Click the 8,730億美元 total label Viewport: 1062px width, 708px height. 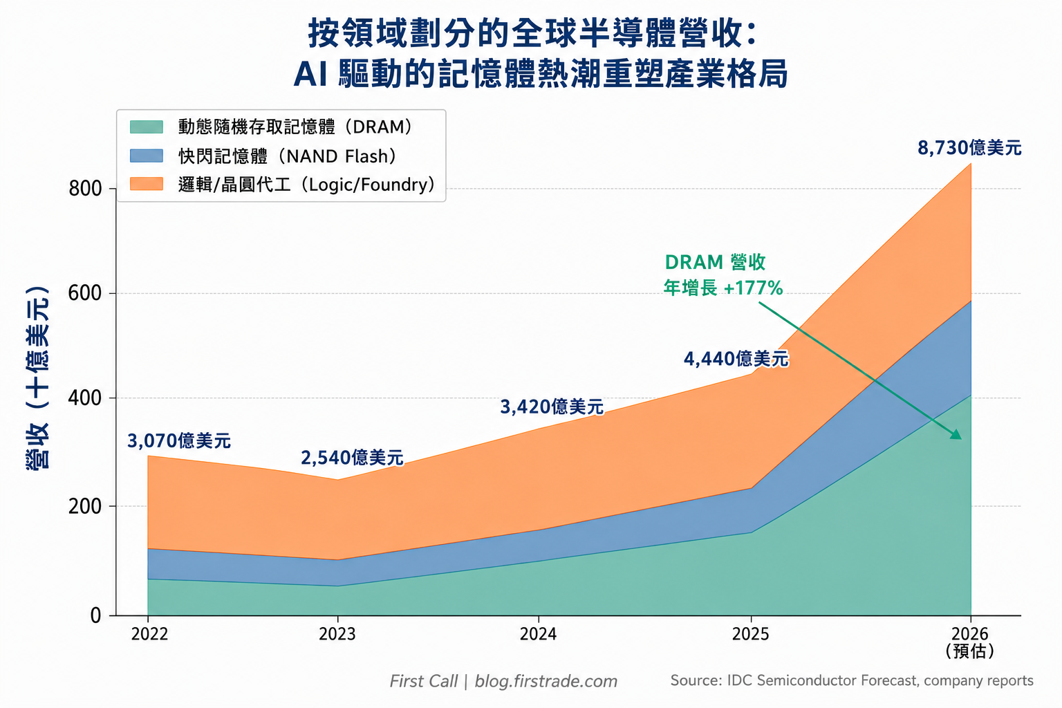(x=969, y=148)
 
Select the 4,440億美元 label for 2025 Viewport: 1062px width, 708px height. (x=736, y=359)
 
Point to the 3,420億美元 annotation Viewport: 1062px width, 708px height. (x=552, y=407)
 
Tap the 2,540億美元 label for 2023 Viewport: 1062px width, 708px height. (x=352, y=458)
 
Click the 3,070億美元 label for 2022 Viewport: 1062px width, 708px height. (x=179, y=441)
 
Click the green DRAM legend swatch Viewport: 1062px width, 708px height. (x=147, y=127)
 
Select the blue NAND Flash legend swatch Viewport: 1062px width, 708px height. (x=147, y=156)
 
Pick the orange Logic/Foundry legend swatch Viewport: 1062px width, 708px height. (x=147, y=184)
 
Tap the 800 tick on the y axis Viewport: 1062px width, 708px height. (x=85, y=189)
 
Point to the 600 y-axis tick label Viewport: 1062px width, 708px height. (x=85, y=293)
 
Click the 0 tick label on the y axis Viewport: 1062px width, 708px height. (x=96, y=615)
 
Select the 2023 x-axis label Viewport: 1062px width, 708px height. (x=337, y=634)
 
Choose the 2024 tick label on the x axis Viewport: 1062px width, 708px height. (x=538, y=634)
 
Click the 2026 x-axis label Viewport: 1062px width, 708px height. (x=970, y=634)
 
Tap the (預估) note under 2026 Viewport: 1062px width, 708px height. (x=970, y=651)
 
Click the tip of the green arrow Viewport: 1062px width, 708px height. (x=962, y=439)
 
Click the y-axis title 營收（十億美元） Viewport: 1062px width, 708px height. (x=37, y=378)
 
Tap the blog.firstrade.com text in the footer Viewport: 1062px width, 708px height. (x=546, y=682)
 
